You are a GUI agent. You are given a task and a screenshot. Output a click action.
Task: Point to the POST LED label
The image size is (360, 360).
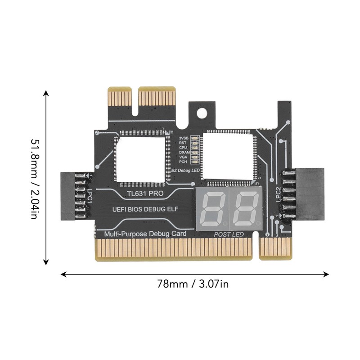229,234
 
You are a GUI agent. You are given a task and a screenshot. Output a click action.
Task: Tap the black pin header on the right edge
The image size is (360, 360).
308,193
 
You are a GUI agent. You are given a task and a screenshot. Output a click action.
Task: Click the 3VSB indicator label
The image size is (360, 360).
184,137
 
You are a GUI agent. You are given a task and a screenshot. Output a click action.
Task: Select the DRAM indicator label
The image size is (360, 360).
184,152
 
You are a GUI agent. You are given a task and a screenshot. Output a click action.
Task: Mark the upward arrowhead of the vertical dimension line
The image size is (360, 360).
46,94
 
